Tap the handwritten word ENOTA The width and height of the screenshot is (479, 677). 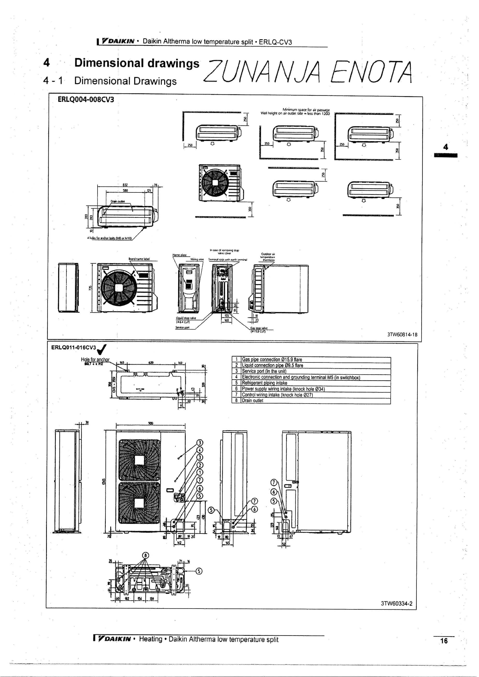(371, 72)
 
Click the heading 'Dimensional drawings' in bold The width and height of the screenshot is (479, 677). (137, 63)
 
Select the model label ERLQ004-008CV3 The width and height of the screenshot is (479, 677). (86, 99)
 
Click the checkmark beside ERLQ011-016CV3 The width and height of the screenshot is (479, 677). (102, 349)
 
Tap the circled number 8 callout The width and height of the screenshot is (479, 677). (145, 555)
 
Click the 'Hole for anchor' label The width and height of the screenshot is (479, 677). (95, 359)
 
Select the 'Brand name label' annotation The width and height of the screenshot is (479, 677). (139, 259)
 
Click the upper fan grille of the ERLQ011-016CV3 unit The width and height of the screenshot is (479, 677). (139, 460)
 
